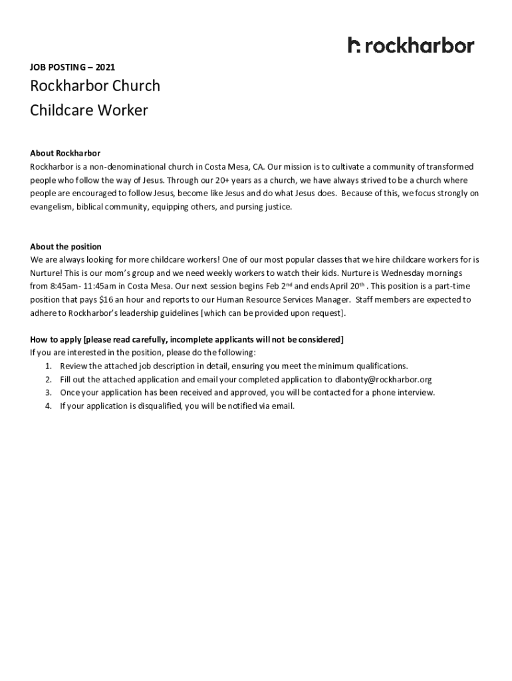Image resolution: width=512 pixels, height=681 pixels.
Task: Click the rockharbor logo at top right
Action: click(411, 45)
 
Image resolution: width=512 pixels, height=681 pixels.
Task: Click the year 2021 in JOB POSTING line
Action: click(105, 67)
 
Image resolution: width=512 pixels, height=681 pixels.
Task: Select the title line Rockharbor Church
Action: click(95, 86)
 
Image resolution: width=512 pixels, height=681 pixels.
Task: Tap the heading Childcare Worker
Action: click(89, 110)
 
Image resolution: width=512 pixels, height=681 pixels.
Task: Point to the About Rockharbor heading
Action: click(65, 154)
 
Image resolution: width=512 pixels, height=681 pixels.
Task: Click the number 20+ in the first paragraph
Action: click(227, 180)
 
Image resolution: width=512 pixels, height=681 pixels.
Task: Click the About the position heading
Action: click(66, 247)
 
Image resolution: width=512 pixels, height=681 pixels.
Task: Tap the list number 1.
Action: click(48, 366)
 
